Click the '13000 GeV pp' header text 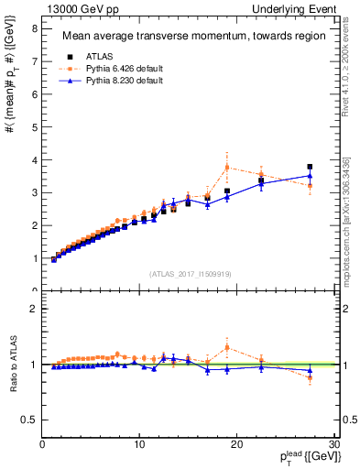pos(79,8)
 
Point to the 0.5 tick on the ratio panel pos(31,420)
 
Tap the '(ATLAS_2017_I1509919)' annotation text pos(191,272)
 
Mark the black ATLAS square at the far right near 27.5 pos(310,168)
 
